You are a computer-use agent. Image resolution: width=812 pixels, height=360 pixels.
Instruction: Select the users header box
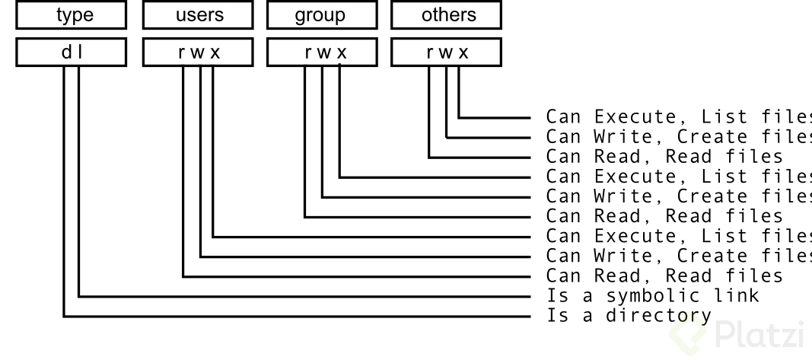[199, 14]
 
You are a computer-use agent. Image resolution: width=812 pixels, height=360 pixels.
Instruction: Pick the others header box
[447, 14]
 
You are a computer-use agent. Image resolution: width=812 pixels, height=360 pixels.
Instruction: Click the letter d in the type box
[65, 53]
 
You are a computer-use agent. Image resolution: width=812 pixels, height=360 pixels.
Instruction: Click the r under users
[183, 53]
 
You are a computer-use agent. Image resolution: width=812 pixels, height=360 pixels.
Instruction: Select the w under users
[199, 53]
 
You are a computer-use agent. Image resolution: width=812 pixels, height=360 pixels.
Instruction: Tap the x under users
[215, 53]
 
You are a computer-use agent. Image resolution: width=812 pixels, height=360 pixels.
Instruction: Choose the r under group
[307, 53]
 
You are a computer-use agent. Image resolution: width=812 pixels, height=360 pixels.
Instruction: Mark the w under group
[323, 53]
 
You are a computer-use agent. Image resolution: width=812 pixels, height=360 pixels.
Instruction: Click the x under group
[339, 53]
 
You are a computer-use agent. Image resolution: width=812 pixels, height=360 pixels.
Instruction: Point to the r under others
[431, 53]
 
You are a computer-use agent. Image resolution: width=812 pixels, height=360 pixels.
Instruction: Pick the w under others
[446, 53]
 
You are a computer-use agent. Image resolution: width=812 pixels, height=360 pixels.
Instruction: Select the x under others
[463, 53]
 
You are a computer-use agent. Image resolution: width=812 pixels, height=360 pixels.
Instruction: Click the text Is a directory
[629, 315]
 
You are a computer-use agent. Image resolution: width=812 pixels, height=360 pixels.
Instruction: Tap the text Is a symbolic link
[652, 295]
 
